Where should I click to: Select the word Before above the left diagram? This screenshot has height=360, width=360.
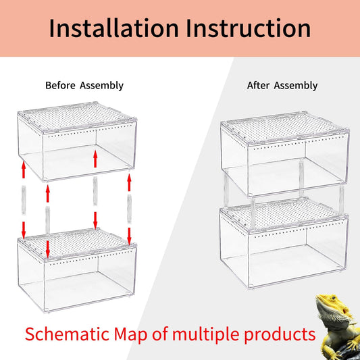(61, 86)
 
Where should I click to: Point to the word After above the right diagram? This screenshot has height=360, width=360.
(258, 86)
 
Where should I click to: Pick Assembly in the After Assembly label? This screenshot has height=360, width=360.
(295, 86)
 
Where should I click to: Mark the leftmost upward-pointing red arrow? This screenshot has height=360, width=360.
(24, 168)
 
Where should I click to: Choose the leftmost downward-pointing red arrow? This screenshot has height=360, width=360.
(24, 225)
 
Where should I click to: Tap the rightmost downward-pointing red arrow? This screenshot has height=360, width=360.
(128, 236)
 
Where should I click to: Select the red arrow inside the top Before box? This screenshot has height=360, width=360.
(96, 159)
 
